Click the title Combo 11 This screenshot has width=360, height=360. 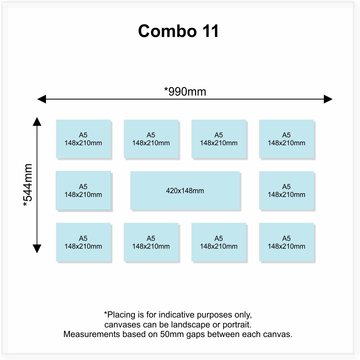click(178, 31)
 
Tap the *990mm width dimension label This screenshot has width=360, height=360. click(185, 91)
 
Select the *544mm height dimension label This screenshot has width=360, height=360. click(28, 185)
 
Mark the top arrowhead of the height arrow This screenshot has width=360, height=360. click(37, 121)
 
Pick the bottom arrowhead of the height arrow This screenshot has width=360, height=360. click(37, 248)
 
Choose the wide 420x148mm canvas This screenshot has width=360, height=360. click(185, 190)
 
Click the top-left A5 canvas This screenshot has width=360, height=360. click(83, 139)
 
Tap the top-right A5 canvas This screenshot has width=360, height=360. click(286, 139)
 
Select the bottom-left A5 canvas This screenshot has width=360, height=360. click(83, 242)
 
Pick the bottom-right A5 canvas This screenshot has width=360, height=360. click(286, 242)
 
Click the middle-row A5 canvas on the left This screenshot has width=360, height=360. click(83, 190)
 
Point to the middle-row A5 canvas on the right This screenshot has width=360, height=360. click(286, 190)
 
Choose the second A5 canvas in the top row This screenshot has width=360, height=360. click(151, 139)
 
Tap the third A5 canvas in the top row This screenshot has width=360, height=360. click(218, 139)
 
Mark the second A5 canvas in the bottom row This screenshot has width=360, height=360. click(151, 242)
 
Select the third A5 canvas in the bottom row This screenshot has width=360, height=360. click(218, 242)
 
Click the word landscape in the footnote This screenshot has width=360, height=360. click(195, 324)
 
